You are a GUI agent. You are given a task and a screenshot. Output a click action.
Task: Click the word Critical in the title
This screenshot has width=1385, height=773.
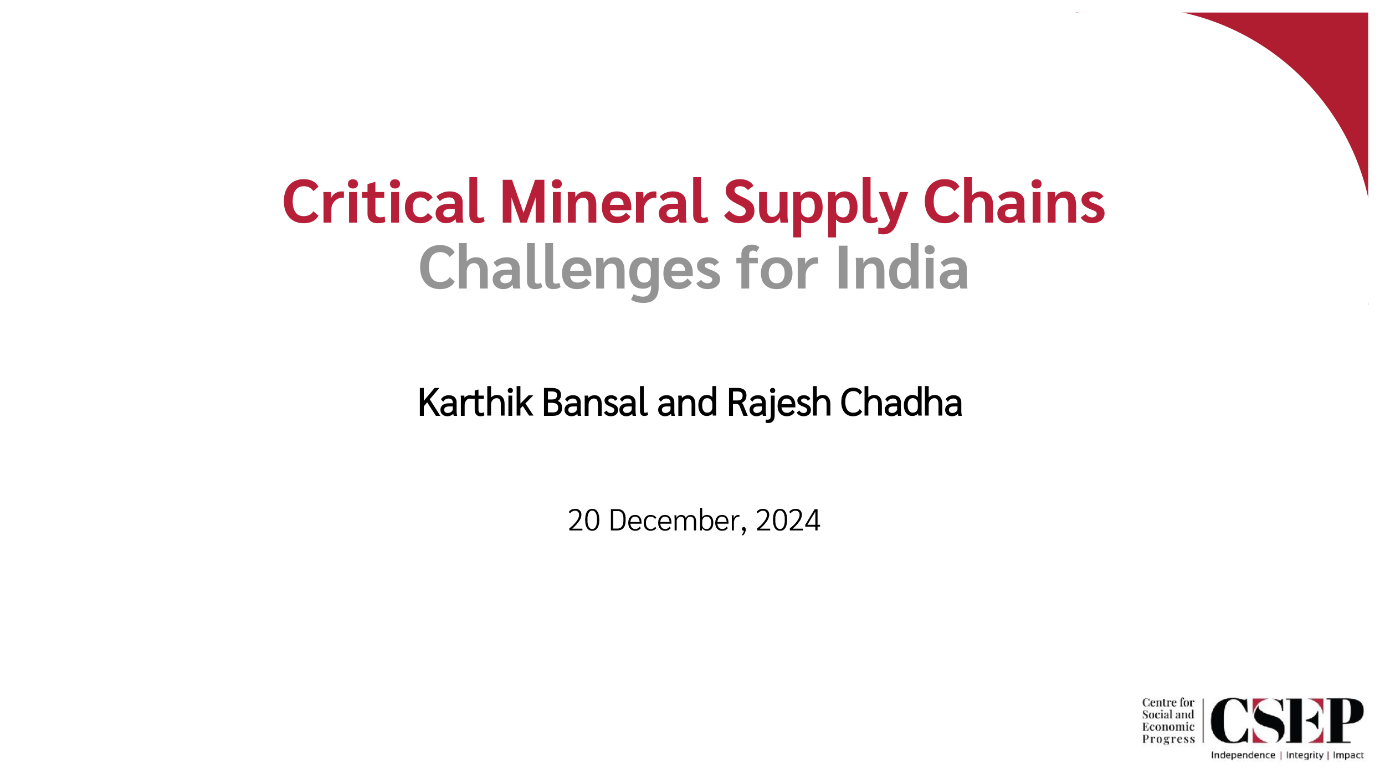coord(383,202)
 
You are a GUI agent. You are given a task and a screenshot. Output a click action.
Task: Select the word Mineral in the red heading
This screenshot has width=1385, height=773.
coord(604,202)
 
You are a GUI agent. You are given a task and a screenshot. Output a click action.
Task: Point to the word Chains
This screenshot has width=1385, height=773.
coord(1014,202)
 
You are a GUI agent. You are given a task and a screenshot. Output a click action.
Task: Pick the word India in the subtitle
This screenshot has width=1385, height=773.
coord(903,267)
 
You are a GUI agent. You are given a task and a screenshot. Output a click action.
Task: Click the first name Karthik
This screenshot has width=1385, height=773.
coord(475,402)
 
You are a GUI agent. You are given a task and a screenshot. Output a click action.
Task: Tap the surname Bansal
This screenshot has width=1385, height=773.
coord(595,402)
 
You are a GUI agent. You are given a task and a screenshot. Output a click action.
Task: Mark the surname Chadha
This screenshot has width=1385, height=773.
coord(901,402)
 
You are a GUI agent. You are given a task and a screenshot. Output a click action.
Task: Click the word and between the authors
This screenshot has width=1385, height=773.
coord(688,402)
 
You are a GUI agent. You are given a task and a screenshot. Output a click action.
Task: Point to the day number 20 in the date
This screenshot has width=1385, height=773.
coord(584,521)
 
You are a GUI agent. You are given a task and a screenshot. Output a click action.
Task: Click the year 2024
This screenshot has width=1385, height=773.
coord(788,521)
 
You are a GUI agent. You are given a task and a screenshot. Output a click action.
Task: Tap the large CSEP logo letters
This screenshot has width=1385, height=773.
coord(1287,720)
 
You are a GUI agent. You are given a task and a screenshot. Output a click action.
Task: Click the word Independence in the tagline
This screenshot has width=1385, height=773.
coord(1243,755)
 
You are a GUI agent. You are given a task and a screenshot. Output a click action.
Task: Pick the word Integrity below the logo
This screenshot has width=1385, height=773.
coord(1305,756)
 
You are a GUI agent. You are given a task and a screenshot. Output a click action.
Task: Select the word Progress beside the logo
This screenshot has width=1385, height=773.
coord(1168,739)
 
